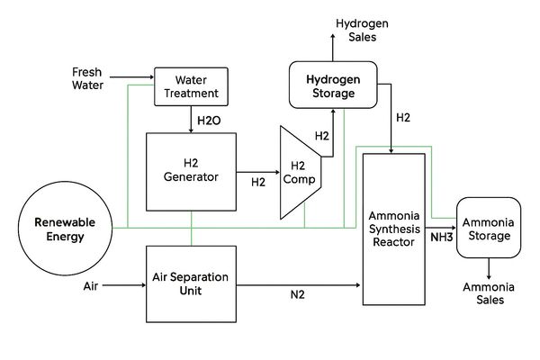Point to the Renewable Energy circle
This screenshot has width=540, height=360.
pos(71,229)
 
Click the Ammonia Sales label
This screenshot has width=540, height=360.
pos(490,293)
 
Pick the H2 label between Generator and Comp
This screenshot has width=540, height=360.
pos(258,182)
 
